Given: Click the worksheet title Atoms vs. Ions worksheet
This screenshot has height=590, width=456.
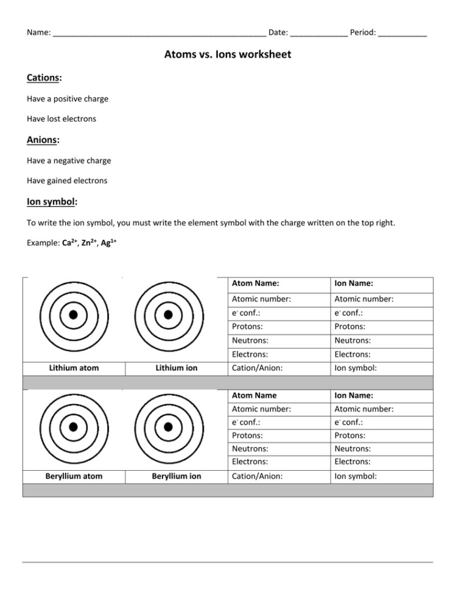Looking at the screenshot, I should [228, 55].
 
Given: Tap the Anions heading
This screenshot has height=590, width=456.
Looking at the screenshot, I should [43, 141].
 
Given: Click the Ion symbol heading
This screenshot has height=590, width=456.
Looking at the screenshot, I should [52, 201].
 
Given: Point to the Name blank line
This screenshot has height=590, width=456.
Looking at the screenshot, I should [159, 33].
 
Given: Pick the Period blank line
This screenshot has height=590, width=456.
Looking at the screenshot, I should [402, 33].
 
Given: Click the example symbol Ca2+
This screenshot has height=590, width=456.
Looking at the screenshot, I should [70, 242].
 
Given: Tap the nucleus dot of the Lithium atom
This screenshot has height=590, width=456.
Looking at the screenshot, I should [73, 315].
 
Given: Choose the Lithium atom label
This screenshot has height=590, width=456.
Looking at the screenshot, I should [74, 368].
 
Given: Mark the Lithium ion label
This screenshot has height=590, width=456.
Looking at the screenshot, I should [177, 368].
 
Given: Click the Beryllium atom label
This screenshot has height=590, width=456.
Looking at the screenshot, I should [74, 476].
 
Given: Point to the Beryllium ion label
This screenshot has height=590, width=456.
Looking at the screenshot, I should [177, 476].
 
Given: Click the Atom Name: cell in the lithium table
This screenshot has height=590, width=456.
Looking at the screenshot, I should [256, 283].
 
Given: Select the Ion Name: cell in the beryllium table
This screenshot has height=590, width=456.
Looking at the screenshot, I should [354, 395].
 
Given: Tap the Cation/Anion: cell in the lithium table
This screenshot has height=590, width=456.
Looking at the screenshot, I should [257, 368].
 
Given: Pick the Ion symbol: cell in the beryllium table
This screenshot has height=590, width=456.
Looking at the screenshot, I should [356, 476].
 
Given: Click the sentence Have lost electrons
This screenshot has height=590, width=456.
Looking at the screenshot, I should [61, 119].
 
